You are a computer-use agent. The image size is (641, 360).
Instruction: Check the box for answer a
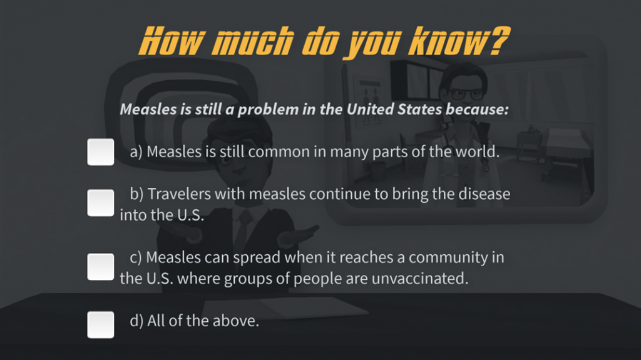tap(101, 152)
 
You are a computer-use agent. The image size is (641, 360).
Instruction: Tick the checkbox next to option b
tap(101, 202)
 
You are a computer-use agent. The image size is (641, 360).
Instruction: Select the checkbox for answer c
tap(101, 267)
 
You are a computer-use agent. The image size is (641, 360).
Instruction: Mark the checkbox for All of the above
tap(101, 325)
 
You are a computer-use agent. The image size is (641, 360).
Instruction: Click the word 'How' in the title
tap(170, 41)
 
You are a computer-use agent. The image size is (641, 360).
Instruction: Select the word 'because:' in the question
tap(477, 109)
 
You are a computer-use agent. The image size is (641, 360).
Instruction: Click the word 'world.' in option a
tap(478, 152)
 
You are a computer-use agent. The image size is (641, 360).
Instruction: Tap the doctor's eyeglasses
tap(466, 95)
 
